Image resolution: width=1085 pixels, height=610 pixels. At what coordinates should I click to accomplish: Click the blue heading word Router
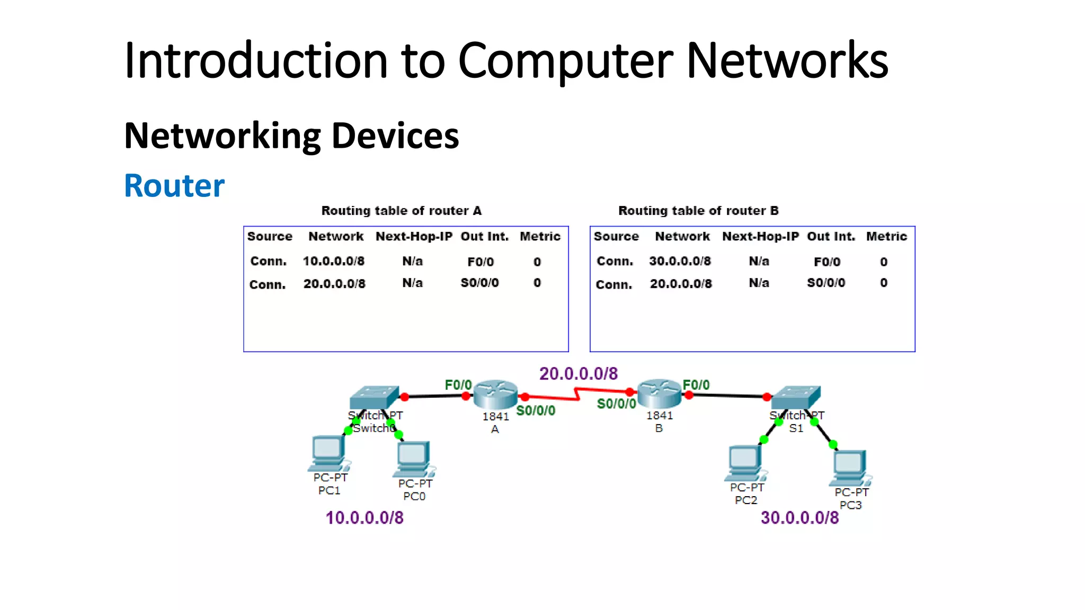pyautogui.click(x=174, y=186)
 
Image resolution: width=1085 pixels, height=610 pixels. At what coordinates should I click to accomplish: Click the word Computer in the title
pyautogui.click(x=565, y=61)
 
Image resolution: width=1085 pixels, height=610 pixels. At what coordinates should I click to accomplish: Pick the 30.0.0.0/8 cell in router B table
pyautogui.click(x=680, y=261)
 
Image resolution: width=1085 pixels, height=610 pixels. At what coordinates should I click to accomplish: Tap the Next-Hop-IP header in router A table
pyautogui.click(x=414, y=236)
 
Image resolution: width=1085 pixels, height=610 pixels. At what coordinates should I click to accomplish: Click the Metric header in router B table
pyautogui.click(x=886, y=236)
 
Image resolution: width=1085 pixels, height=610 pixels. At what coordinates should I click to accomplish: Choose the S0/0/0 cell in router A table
pyautogui.click(x=479, y=283)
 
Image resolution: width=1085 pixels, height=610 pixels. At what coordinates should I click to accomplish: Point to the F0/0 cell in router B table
pyautogui.click(x=826, y=262)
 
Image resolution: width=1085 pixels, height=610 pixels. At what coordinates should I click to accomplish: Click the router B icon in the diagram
pyautogui.click(x=659, y=393)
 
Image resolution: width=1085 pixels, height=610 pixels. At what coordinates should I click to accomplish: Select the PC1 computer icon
pyautogui.click(x=328, y=453)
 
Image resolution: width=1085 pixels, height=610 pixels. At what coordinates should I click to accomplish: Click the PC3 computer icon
pyautogui.click(x=850, y=468)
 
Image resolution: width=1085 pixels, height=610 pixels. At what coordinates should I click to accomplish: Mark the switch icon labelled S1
pyautogui.click(x=796, y=397)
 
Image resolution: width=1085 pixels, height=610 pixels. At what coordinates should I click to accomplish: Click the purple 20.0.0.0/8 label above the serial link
pyautogui.click(x=578, y=374)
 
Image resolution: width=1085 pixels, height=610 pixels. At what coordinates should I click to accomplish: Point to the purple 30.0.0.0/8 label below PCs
pyautogui.click(x=799, y=517)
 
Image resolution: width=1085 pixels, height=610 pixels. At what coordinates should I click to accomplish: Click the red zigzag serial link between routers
pyautogui.click(x=576, y=394)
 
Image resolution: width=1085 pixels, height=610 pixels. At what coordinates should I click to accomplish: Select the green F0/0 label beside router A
pyautogui.click(x=458, y=385)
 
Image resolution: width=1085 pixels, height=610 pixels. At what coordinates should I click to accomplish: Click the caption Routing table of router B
pyautogui.click(x=698, y=211)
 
